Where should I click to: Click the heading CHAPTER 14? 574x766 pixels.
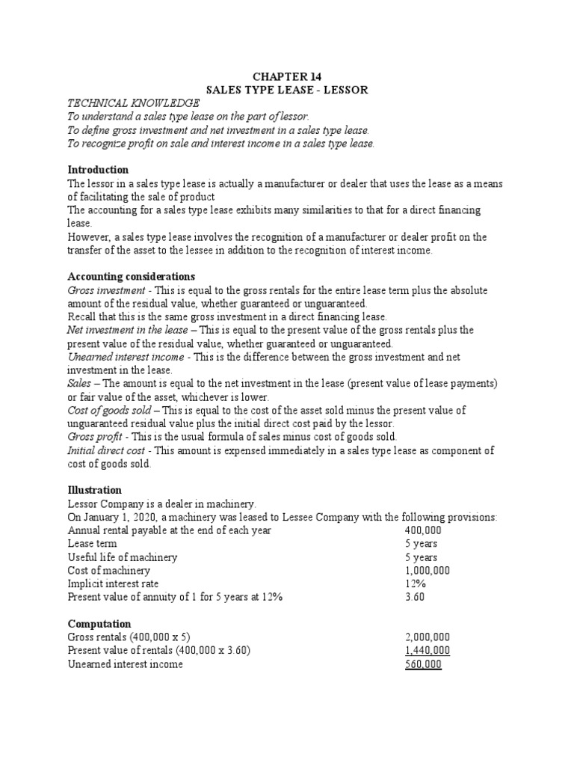pos(288,76)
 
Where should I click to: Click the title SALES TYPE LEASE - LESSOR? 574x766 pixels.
pos(288,90)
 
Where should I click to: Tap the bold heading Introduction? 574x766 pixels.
pos(98,170)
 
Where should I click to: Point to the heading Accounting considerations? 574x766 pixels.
pos(131,276)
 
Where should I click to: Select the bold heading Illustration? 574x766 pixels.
pos(94,490)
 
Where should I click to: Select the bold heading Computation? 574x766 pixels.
pos(99,623)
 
